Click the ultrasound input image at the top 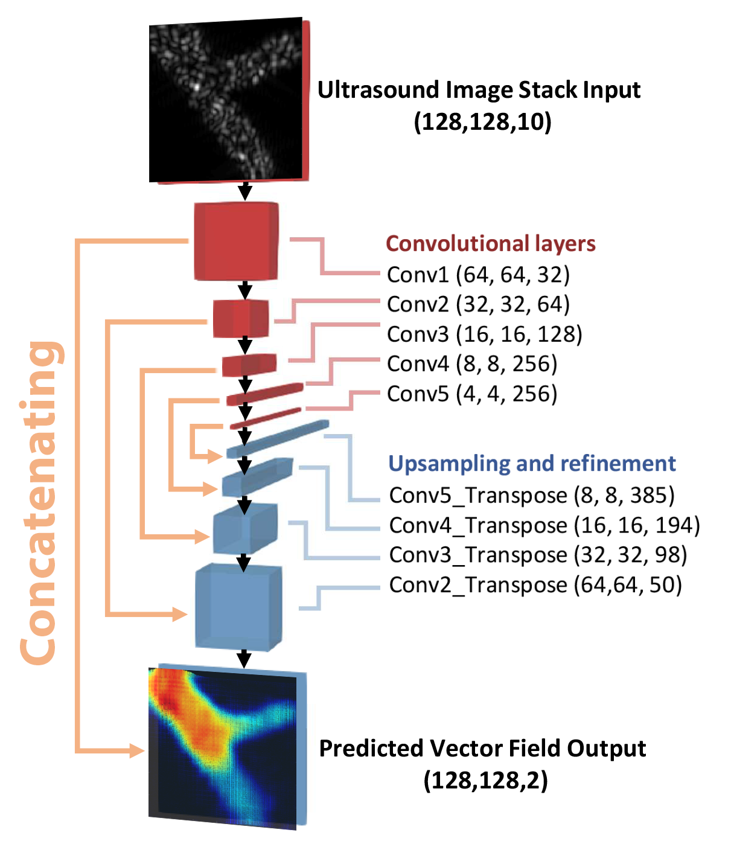(226, 100)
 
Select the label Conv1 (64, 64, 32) (478, 275)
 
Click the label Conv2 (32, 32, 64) (478, 304)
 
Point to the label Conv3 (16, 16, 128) (484, 334)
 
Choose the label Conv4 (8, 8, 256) (471, 364)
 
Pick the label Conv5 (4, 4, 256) (471, 394)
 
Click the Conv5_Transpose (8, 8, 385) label (531, 495)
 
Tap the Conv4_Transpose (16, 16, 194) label (544, 525)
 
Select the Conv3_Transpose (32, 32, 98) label (538, 555)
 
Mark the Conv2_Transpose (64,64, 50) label (535, 585)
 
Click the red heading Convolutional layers (490, 243)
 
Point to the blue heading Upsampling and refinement (531, 463)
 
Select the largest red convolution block (236, 241)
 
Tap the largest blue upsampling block (238, 607)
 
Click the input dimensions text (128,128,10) (482, 122)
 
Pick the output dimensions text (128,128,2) (485, 780)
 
